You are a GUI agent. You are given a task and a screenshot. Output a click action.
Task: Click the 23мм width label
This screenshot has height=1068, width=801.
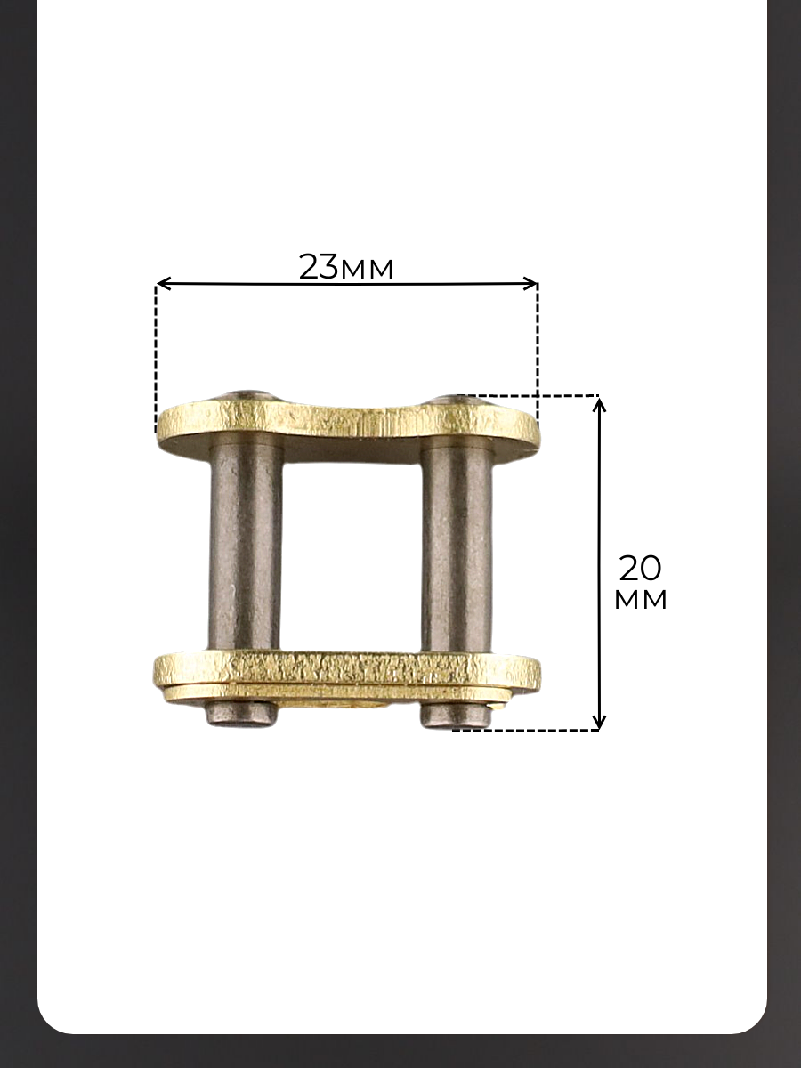click(x=346, y=267)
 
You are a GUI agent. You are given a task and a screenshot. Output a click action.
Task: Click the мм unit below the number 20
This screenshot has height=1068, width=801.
click(x=641, y=600)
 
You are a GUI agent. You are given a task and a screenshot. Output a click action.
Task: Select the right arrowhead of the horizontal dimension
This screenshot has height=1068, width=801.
click(x=530, y=283)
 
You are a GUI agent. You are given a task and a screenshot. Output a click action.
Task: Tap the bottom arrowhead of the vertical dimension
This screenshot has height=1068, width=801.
click(x=600, y=722)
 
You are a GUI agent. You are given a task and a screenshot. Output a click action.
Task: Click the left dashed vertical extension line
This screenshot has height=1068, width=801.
click(x=156, y=359)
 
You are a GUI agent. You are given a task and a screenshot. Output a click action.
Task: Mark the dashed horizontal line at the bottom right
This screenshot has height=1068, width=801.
click(x=525, y=730)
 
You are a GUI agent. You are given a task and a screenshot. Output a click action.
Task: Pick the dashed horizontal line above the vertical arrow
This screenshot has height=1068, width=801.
click(x=528, y=395)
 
